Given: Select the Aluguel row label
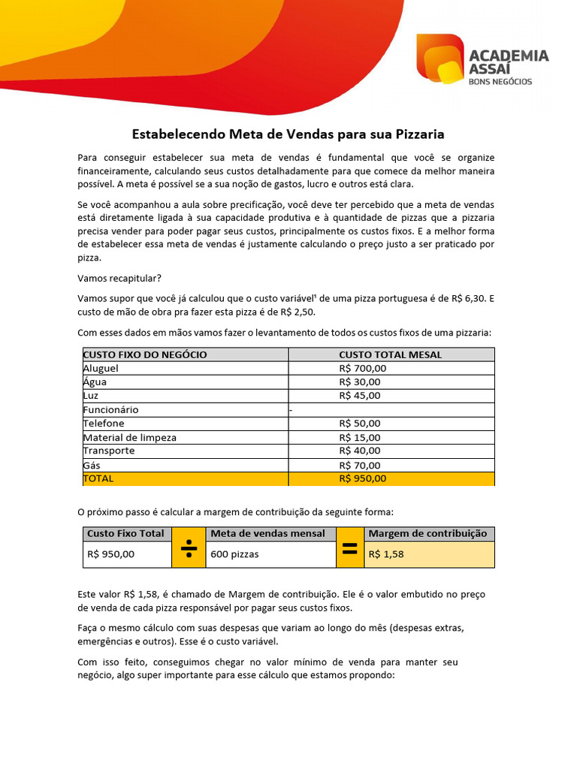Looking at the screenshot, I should [x=101, y=368].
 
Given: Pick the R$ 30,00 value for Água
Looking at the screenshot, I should [x=359, y=381].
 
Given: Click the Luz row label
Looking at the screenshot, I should [x=90, y=395].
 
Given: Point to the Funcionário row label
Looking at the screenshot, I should [x=110, y=409].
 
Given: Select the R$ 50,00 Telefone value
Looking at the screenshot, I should [x=359, y=423].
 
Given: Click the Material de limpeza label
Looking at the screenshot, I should [x=129, y=437].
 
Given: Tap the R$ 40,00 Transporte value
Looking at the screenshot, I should [x=359, y=451].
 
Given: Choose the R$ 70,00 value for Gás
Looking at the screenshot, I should [x=359, y=465].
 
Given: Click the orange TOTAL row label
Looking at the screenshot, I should [x=98, y=478].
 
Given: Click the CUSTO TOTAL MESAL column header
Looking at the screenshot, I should [x=390, y=354].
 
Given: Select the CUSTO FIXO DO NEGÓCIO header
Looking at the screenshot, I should [x=144, y=354].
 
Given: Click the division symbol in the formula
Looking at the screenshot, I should [x=189, y=547].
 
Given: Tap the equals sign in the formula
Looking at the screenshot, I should [x=349, y=547].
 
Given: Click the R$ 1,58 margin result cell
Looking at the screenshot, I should [x=386, y=554].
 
